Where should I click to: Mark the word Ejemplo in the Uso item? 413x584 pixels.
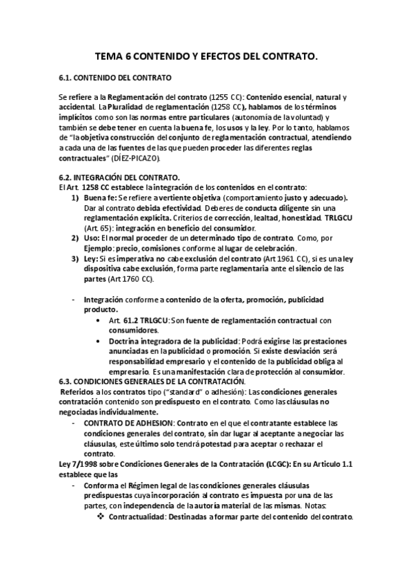click(x=98, y=248)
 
